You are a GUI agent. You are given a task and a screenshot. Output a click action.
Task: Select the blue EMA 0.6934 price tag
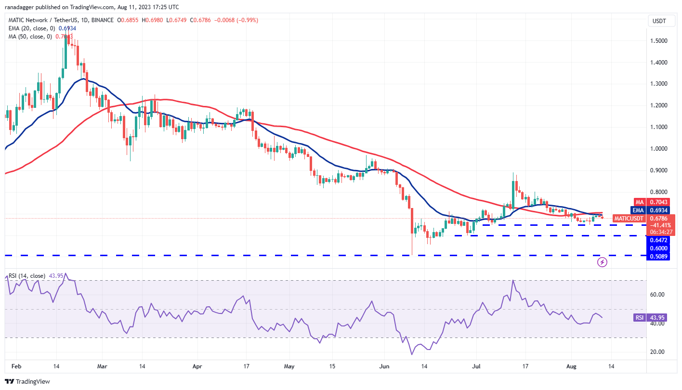(x=653, y=210)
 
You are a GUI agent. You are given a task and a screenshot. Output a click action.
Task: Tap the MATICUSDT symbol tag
(x=628, y=219)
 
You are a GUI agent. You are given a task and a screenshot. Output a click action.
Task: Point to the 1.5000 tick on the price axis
(x=658, y=41)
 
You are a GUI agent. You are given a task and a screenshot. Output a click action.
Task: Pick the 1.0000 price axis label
(x=658, y=149)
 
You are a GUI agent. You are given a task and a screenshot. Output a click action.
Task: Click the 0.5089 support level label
(x=658, y=256)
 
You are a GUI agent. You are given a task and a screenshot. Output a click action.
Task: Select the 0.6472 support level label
(x=658, y=240)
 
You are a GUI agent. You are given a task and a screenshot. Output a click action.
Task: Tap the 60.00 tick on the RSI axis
(x=657, y=295)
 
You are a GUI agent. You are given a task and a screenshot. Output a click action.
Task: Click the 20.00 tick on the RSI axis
(x=657, y=352)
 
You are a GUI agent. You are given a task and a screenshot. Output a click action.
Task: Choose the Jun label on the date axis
(x=384, y=366)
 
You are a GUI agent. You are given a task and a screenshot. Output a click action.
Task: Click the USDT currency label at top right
(x=658, y=21)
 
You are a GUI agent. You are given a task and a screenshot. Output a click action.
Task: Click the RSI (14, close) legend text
(x=27, y=276)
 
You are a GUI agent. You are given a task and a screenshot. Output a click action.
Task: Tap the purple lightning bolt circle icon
(x=602, y=262)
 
